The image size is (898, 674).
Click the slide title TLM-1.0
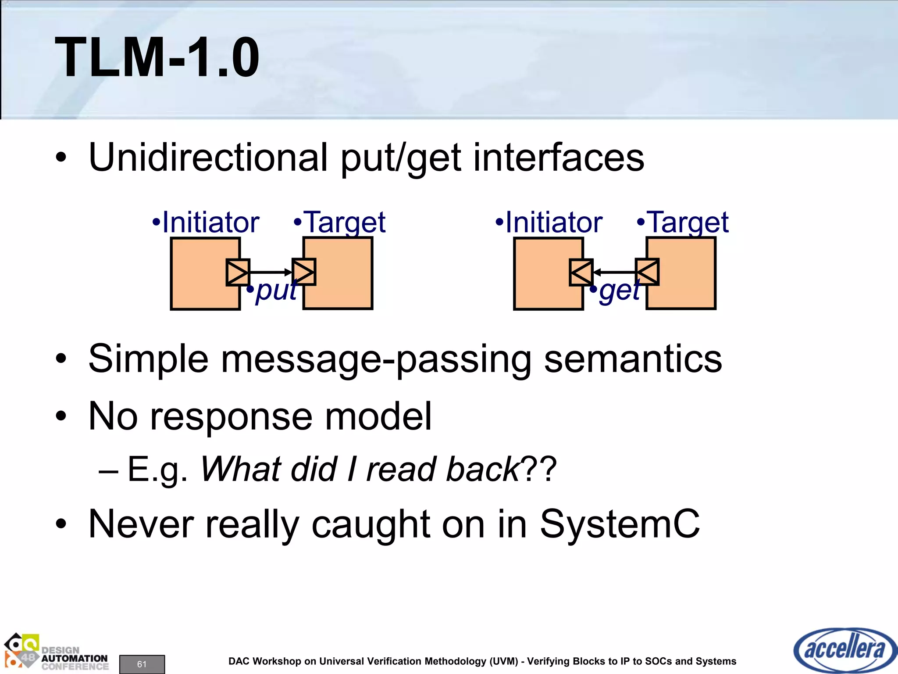(157, 57)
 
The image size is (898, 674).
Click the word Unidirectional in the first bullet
(208, 157)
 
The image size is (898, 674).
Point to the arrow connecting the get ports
(614, 272)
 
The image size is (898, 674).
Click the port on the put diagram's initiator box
(238, 272)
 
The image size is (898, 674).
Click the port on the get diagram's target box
(647, 272)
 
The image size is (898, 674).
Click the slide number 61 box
(142, 664)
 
